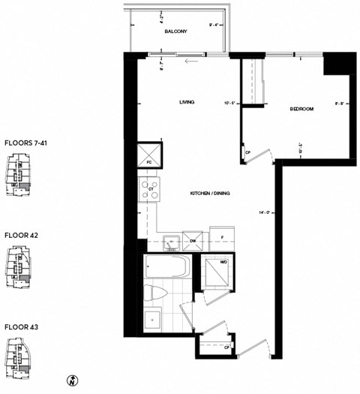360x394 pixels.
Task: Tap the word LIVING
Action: tap(187, 102)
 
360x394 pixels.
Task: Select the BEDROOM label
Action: tap(301, 109)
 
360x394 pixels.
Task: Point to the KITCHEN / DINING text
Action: tap(210, 194)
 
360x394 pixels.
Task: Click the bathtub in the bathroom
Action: tap(166, 267)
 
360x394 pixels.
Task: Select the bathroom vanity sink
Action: tap(152, 318)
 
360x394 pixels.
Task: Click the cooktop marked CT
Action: tap(148, 189)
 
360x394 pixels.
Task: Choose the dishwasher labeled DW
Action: tap(193, 240)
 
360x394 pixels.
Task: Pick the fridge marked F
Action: tap(223, 238)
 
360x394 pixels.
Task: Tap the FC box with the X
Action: tap(148, 155)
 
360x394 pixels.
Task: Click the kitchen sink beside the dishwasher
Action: tap(169, 241)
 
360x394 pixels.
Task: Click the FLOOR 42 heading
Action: tap(20, 235)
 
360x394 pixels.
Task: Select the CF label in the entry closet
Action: tap(226, 347)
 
